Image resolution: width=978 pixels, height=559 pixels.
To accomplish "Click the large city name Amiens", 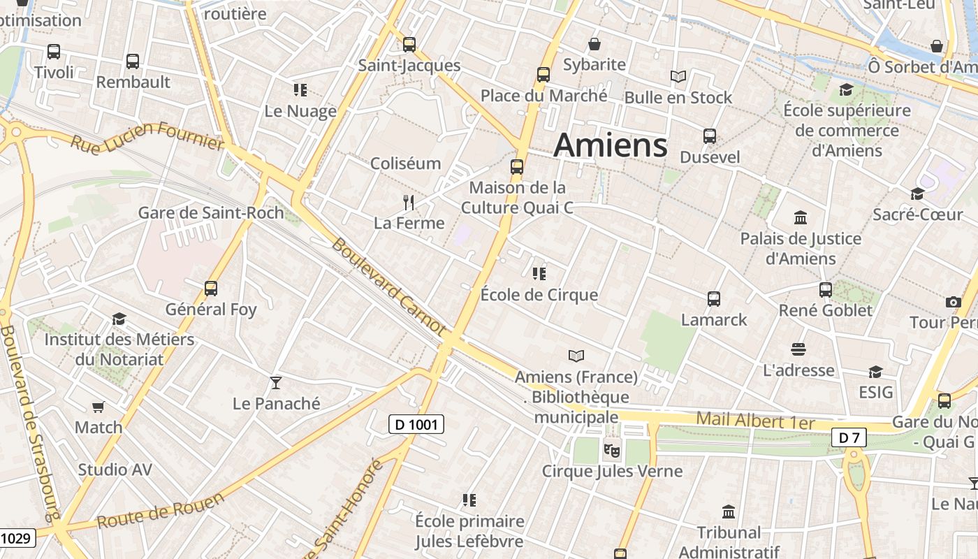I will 611,145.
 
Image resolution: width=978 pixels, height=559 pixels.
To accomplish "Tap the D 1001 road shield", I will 416,423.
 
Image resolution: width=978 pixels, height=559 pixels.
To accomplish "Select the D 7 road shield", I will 849,438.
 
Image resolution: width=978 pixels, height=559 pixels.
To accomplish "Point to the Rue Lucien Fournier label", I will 147,136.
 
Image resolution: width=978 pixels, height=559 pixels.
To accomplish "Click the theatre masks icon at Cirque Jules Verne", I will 612,449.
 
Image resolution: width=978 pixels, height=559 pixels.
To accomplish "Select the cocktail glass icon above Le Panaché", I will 276,382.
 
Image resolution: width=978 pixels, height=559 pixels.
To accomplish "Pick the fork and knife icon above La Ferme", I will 409,203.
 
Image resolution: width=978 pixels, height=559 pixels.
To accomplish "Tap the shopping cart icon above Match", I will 98,407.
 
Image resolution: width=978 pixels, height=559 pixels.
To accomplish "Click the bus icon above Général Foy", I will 211,288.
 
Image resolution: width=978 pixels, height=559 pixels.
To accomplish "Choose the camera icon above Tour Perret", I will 953,302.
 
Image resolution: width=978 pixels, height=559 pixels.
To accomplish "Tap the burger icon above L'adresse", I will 798,349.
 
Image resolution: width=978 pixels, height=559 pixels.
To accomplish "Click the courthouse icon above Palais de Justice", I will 801,217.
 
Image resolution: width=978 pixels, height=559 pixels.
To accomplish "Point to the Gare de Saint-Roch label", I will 211,212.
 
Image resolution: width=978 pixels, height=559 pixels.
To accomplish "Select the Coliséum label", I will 406,164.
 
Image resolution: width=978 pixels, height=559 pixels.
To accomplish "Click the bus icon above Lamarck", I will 714,298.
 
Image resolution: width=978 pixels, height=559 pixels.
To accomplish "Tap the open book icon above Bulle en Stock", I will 678,76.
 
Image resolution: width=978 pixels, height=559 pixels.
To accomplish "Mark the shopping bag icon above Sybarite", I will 594,44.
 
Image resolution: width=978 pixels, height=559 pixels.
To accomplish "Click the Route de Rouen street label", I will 161,510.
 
